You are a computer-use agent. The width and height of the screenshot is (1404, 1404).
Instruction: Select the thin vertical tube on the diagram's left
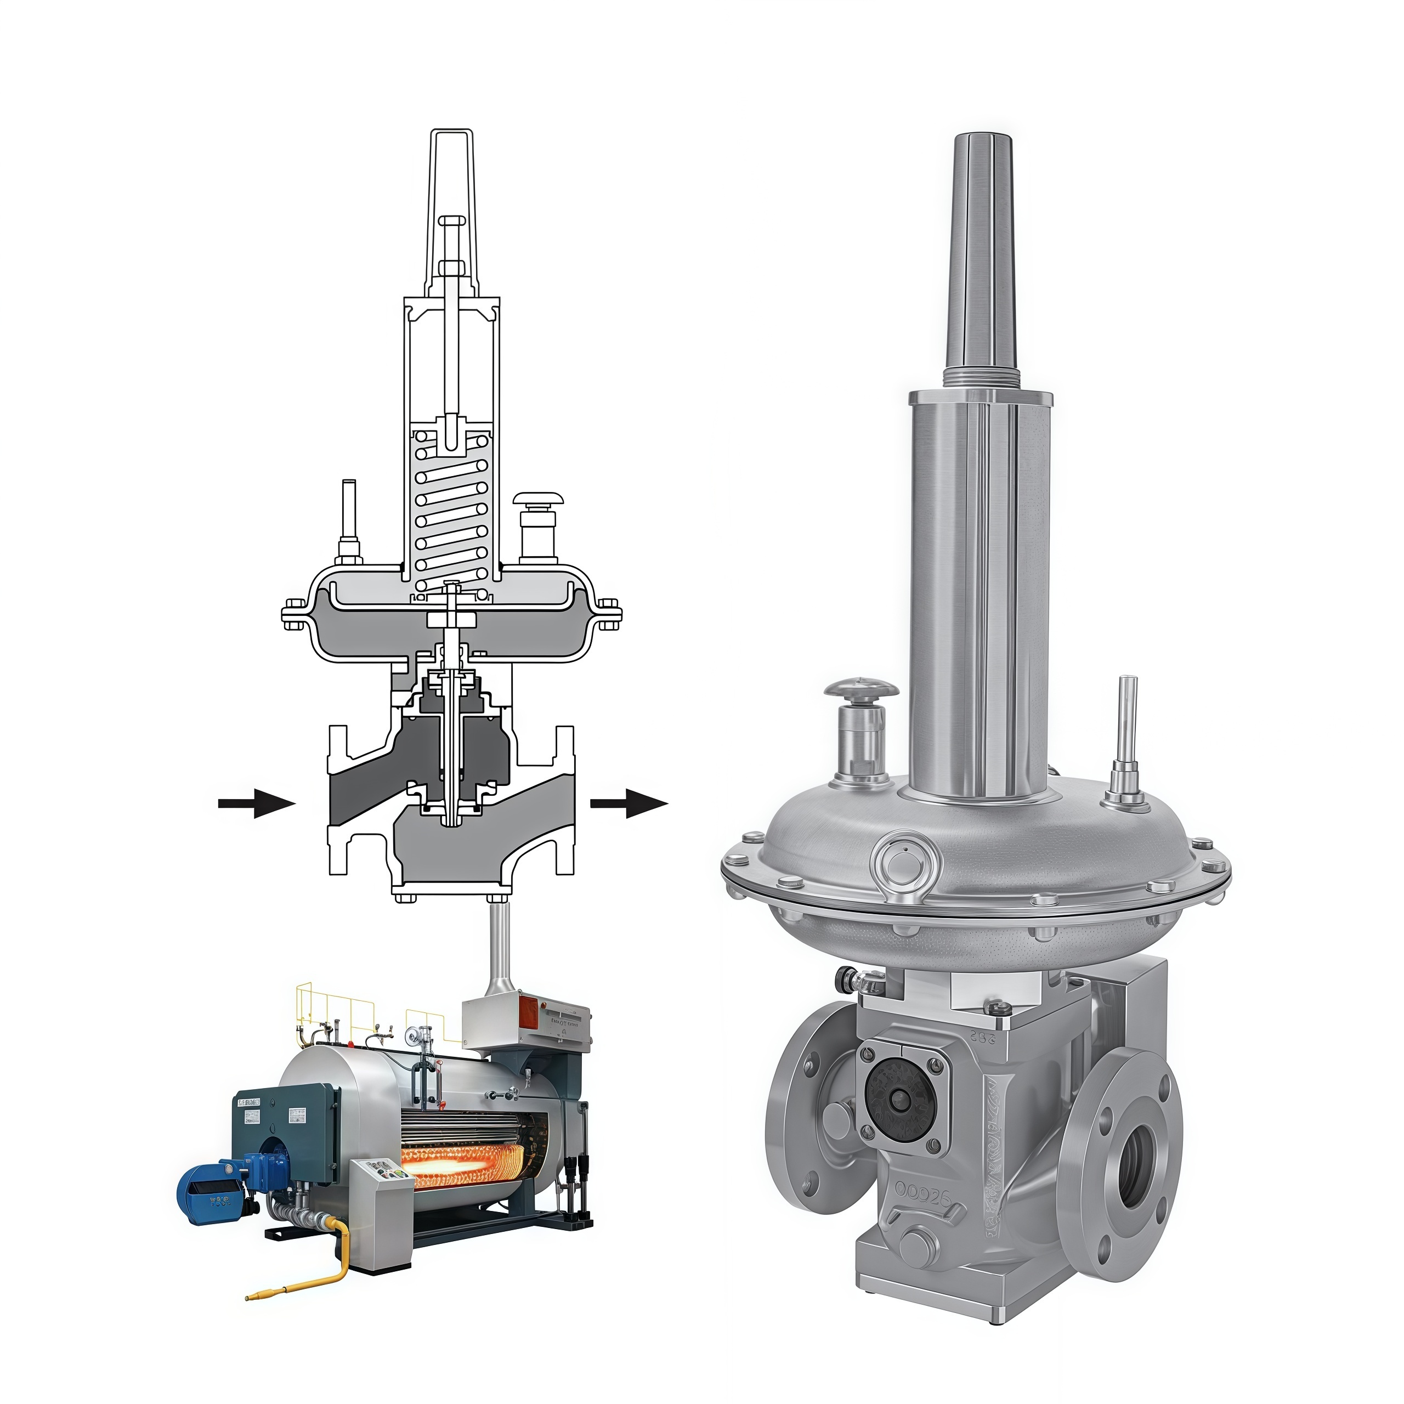pyautogui.click(x=349, y=516)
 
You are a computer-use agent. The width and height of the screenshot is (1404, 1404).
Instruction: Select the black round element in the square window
pyautogui.click(x=899, y=1101)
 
